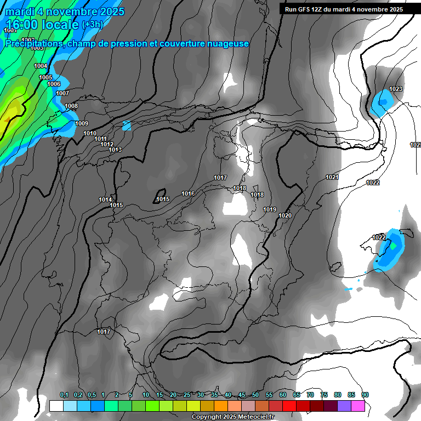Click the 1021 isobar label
point(332,177)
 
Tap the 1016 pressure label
point(188,194)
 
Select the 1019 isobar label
point(270,209)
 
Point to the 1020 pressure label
point(285,215)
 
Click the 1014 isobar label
point(105,200)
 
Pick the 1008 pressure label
point(71,106)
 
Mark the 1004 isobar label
point(41,66)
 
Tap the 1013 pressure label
point(115,150)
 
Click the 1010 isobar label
point(90,133)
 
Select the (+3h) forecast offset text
point(92,25)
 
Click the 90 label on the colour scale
point(365,395)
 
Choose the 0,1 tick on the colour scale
point(64,395)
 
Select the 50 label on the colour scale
point(255,395)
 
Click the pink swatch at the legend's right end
point(358,406)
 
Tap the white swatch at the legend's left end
point(56,406)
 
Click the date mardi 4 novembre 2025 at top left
point(65,12)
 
